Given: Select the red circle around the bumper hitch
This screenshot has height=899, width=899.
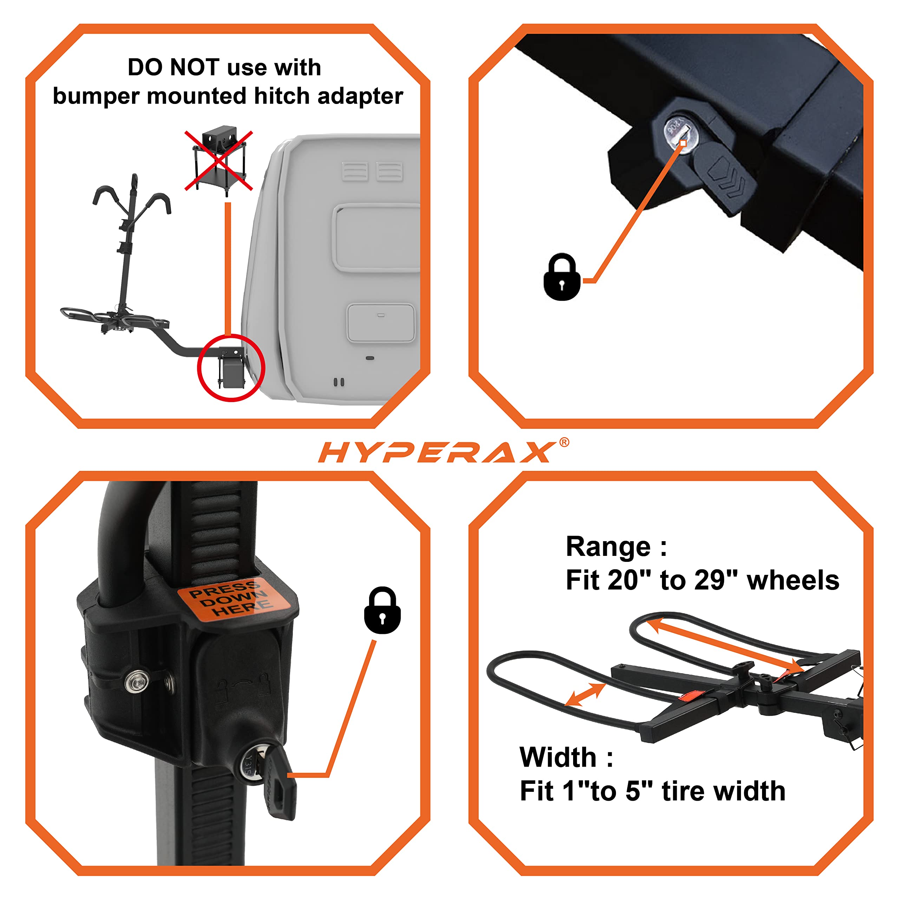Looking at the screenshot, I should (x=231, y=368).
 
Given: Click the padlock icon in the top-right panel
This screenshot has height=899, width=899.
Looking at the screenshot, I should (x=562, y=277).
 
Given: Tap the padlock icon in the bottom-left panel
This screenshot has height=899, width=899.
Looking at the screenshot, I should (x=382, y=610).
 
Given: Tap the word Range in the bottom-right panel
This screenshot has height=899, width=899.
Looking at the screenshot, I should (x=608, y=547).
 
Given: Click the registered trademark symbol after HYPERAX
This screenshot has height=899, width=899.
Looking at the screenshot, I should (x=564, y=442).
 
